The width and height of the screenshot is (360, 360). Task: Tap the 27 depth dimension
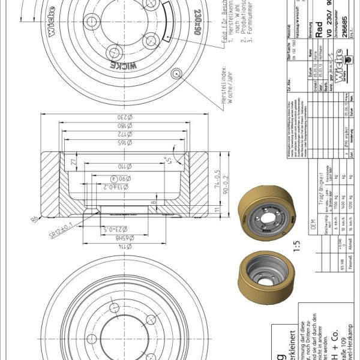click(73, 161)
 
